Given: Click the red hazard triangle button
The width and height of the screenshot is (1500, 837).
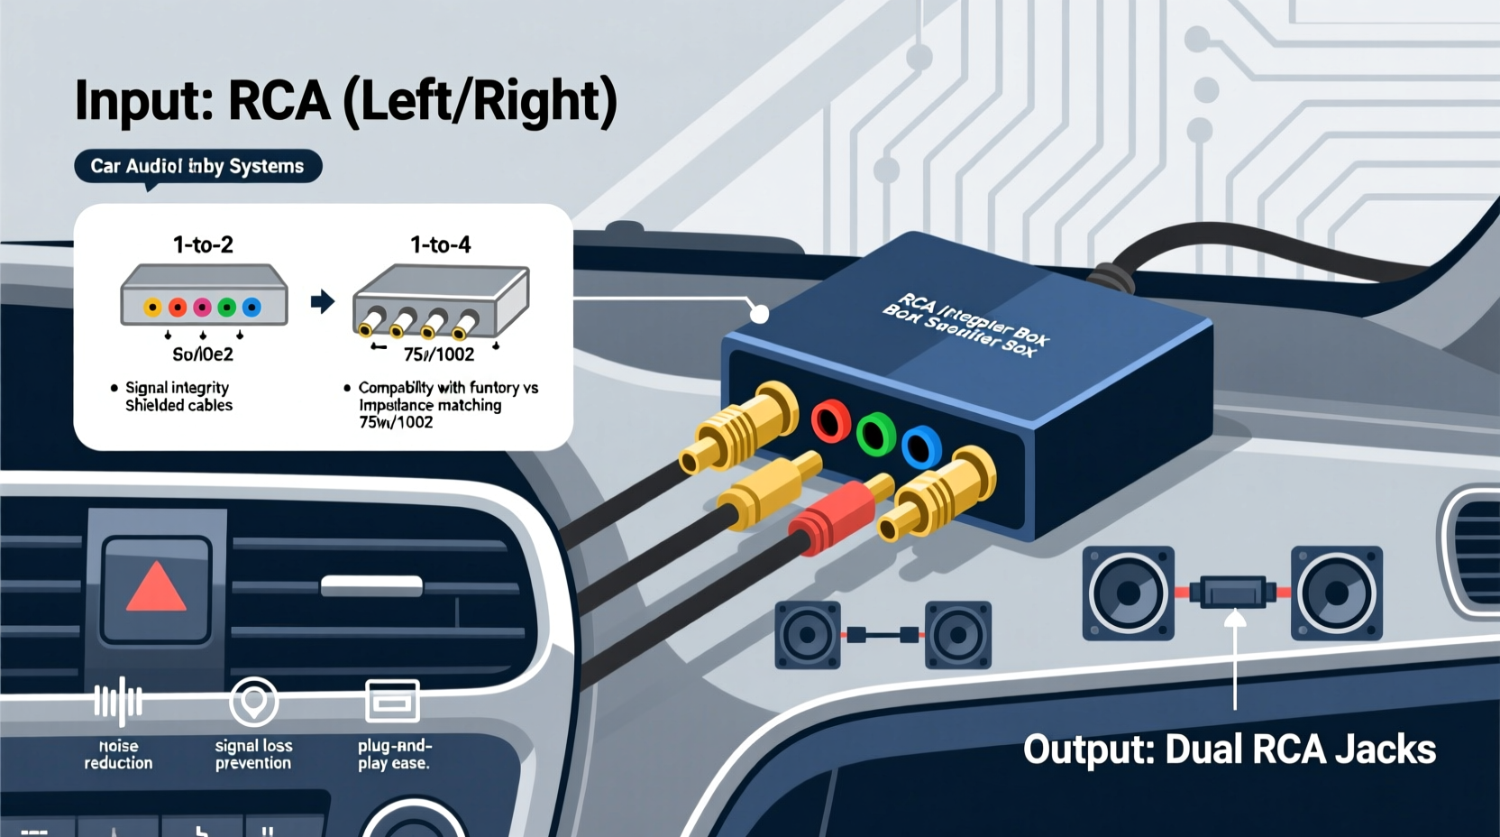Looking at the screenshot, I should tap(157, 587).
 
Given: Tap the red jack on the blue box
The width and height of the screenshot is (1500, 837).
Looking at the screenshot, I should tap(830, 421).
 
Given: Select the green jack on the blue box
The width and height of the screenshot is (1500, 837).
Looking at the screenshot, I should tap(874, 434).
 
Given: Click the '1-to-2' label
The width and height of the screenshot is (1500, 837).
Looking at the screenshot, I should tap(203, 244).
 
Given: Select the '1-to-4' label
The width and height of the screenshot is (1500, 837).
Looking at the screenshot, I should tap(440, 244).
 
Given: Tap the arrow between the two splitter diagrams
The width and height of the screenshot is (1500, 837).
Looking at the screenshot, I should tap(322, 301).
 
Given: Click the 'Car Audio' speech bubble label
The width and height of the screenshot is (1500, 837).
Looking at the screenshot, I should tap(197, 166).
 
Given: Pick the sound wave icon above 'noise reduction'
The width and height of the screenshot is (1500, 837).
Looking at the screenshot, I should tap(118, 701).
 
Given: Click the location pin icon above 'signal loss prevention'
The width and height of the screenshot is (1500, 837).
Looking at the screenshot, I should tap(253, 700).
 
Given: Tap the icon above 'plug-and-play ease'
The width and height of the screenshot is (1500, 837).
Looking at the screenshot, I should tap(392, 701).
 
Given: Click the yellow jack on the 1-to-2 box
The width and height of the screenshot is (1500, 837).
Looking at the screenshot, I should tap(153, 308).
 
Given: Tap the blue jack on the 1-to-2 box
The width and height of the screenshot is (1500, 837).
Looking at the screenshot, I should tap(252, 308).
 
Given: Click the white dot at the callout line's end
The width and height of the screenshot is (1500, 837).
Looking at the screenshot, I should tap(760, 314).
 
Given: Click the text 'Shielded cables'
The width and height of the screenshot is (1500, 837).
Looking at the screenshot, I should tap(178, 405).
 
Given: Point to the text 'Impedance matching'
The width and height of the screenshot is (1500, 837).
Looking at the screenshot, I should tap(430, 405).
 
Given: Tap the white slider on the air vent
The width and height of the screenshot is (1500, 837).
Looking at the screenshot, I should tap(371, 586).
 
